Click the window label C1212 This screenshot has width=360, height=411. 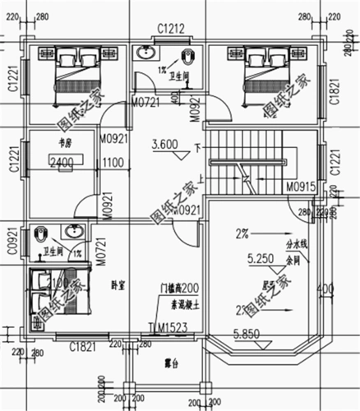tap(170, 29)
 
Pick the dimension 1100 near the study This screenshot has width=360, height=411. tap(112, 164)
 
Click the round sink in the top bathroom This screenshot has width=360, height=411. tap(148, 56)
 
